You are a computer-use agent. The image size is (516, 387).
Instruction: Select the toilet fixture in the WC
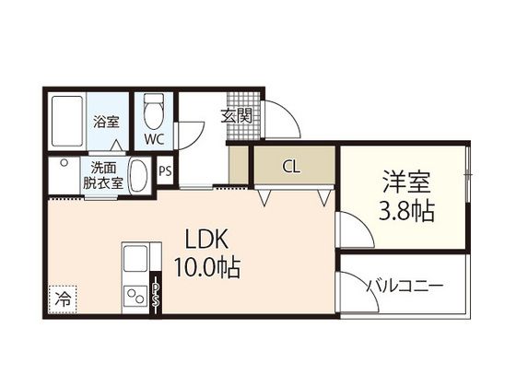153,111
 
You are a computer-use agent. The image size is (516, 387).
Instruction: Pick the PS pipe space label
167,170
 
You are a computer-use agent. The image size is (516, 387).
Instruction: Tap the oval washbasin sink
139,175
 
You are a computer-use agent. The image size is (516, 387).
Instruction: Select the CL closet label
290,168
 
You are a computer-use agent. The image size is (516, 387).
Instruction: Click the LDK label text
207,240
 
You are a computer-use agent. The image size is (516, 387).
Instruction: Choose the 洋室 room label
405,180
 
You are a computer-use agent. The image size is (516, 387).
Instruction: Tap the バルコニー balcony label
405,286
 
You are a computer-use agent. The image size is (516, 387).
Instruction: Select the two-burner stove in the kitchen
136,298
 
